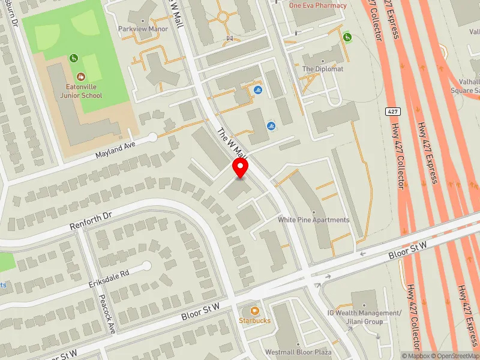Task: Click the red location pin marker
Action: coord(241,168)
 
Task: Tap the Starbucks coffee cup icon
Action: coord(254,310)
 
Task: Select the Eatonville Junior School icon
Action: coord(81,76)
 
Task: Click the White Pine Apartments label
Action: coord(313,220)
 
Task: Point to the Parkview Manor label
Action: coord(142,28)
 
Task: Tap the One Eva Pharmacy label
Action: coord(318,5)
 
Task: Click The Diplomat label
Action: coord(323,69)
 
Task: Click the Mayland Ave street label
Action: coord(116,146)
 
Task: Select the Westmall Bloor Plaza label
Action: coord(291,352)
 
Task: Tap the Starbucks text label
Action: coord(254,320)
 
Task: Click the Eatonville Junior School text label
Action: coord(76,91)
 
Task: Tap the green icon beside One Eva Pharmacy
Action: coord(347,37)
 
